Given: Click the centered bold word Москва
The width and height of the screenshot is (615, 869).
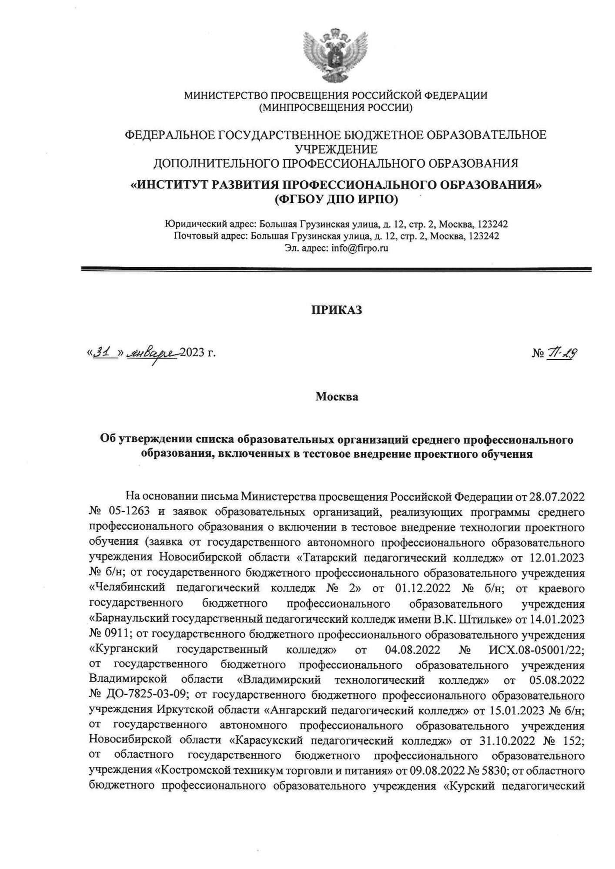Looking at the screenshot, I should (x=337, y=397).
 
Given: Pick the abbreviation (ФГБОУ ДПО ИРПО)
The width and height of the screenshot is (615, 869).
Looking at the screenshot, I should (x=336, y=199).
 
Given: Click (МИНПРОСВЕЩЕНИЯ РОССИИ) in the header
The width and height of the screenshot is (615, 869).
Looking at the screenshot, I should (x=335, y=107).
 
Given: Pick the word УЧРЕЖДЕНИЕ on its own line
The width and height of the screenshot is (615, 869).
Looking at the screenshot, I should (x=336, y=149).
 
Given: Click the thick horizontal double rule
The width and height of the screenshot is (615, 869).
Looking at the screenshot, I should (x=336, y=270).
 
